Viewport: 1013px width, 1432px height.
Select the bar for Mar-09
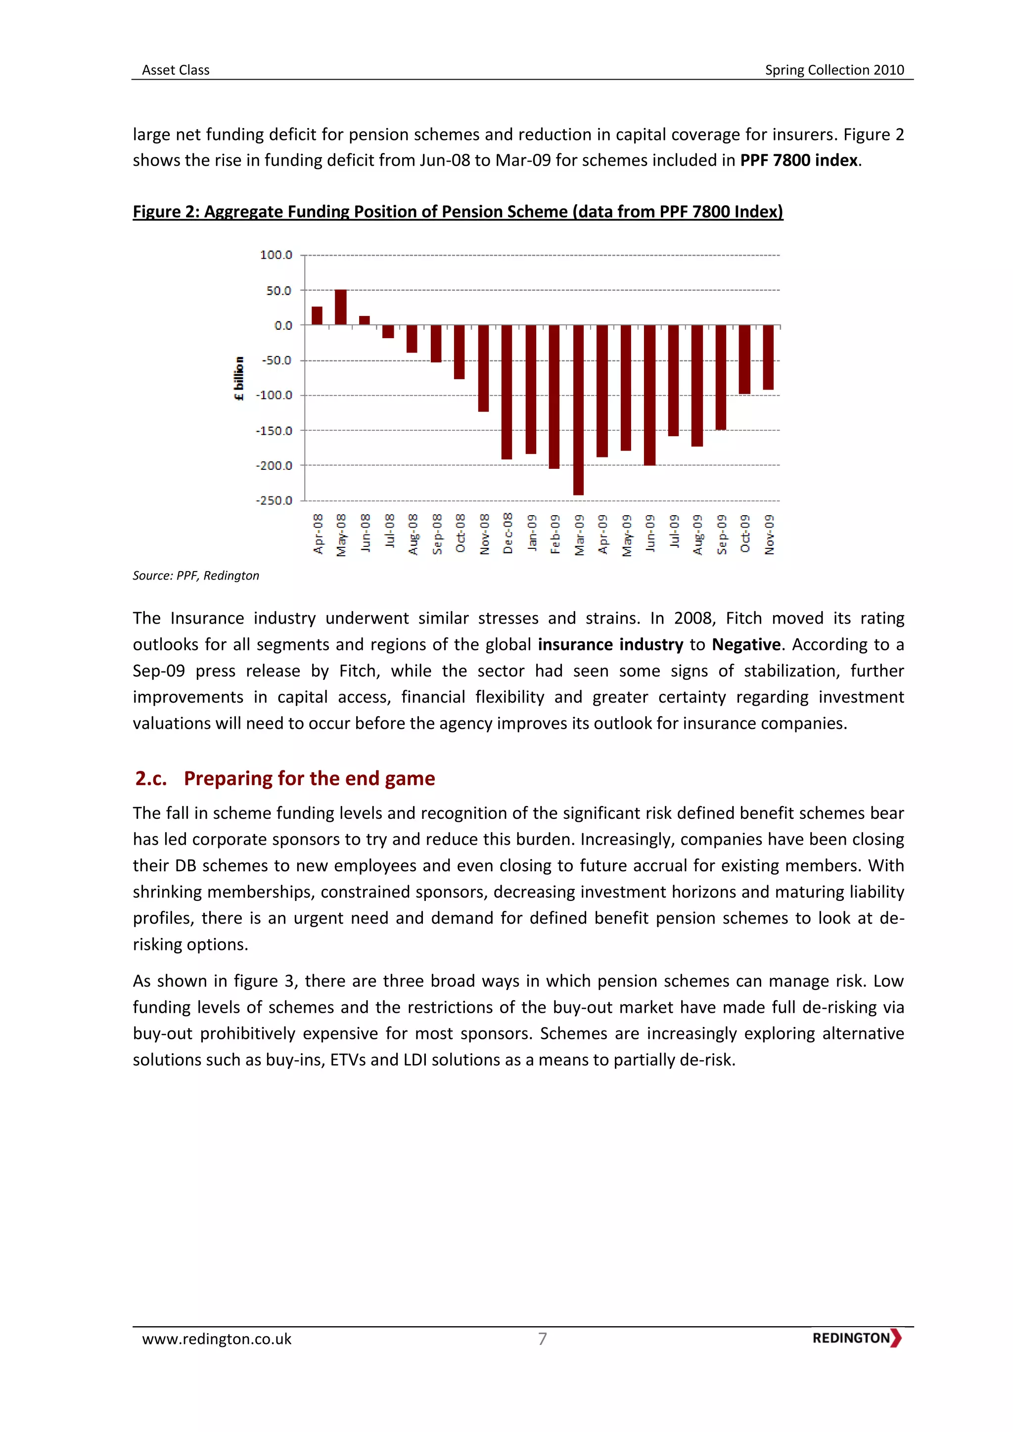(x=578, y=410)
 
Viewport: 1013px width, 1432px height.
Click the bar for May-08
(x=341, y=307)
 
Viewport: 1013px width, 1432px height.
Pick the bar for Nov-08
(x=483, y=368)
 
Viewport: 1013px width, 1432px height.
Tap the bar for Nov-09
(x=769, y=358)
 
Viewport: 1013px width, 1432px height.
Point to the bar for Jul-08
(x=388, y=332)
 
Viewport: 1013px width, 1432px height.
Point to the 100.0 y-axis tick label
(x=276, y=255)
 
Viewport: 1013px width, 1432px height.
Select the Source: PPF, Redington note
(x=196, y=576)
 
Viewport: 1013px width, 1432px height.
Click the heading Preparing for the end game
(x=309, y=778)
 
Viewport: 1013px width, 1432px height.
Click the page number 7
(x=542, y=1339)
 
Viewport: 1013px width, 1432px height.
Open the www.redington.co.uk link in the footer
(x=217, y=1339)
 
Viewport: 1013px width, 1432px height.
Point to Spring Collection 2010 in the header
(x=834, y=70)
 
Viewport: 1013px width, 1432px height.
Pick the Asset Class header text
(x=176, y=70)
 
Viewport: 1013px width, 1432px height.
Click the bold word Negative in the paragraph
(x=746, y=644)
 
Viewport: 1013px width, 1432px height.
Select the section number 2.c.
(x=151, y=778)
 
